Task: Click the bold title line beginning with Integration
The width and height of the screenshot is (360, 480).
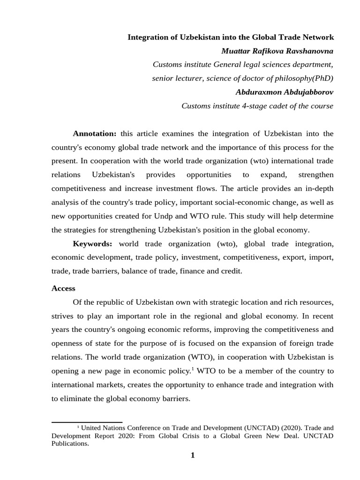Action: coord(230,37)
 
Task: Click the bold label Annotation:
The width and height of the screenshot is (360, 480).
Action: coord(94,134)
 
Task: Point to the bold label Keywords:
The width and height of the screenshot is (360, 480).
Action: coord(92,244)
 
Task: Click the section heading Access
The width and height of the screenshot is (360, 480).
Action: coord(63,288)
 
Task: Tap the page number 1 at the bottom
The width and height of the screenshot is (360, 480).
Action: coord(192,455)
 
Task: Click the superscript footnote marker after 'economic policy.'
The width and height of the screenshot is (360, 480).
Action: coord(192,368)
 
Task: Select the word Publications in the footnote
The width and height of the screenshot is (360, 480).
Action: coord(70,443)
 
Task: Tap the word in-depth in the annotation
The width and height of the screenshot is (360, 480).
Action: coord(320,188)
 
